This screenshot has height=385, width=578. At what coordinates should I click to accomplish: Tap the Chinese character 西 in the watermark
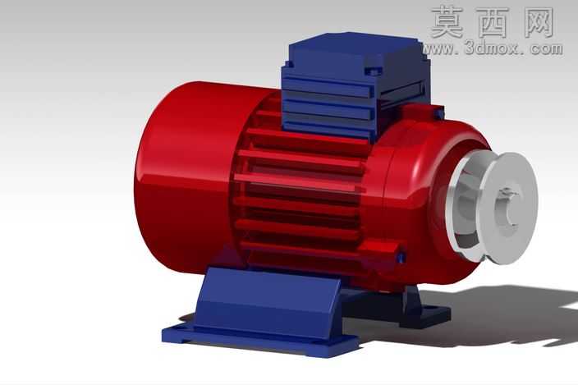pos(493,22)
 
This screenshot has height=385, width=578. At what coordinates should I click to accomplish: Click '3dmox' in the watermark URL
pos(491,48)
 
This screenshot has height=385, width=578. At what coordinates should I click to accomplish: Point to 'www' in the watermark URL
pos(438,49)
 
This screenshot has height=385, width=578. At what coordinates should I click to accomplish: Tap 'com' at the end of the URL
pos(548,48)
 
